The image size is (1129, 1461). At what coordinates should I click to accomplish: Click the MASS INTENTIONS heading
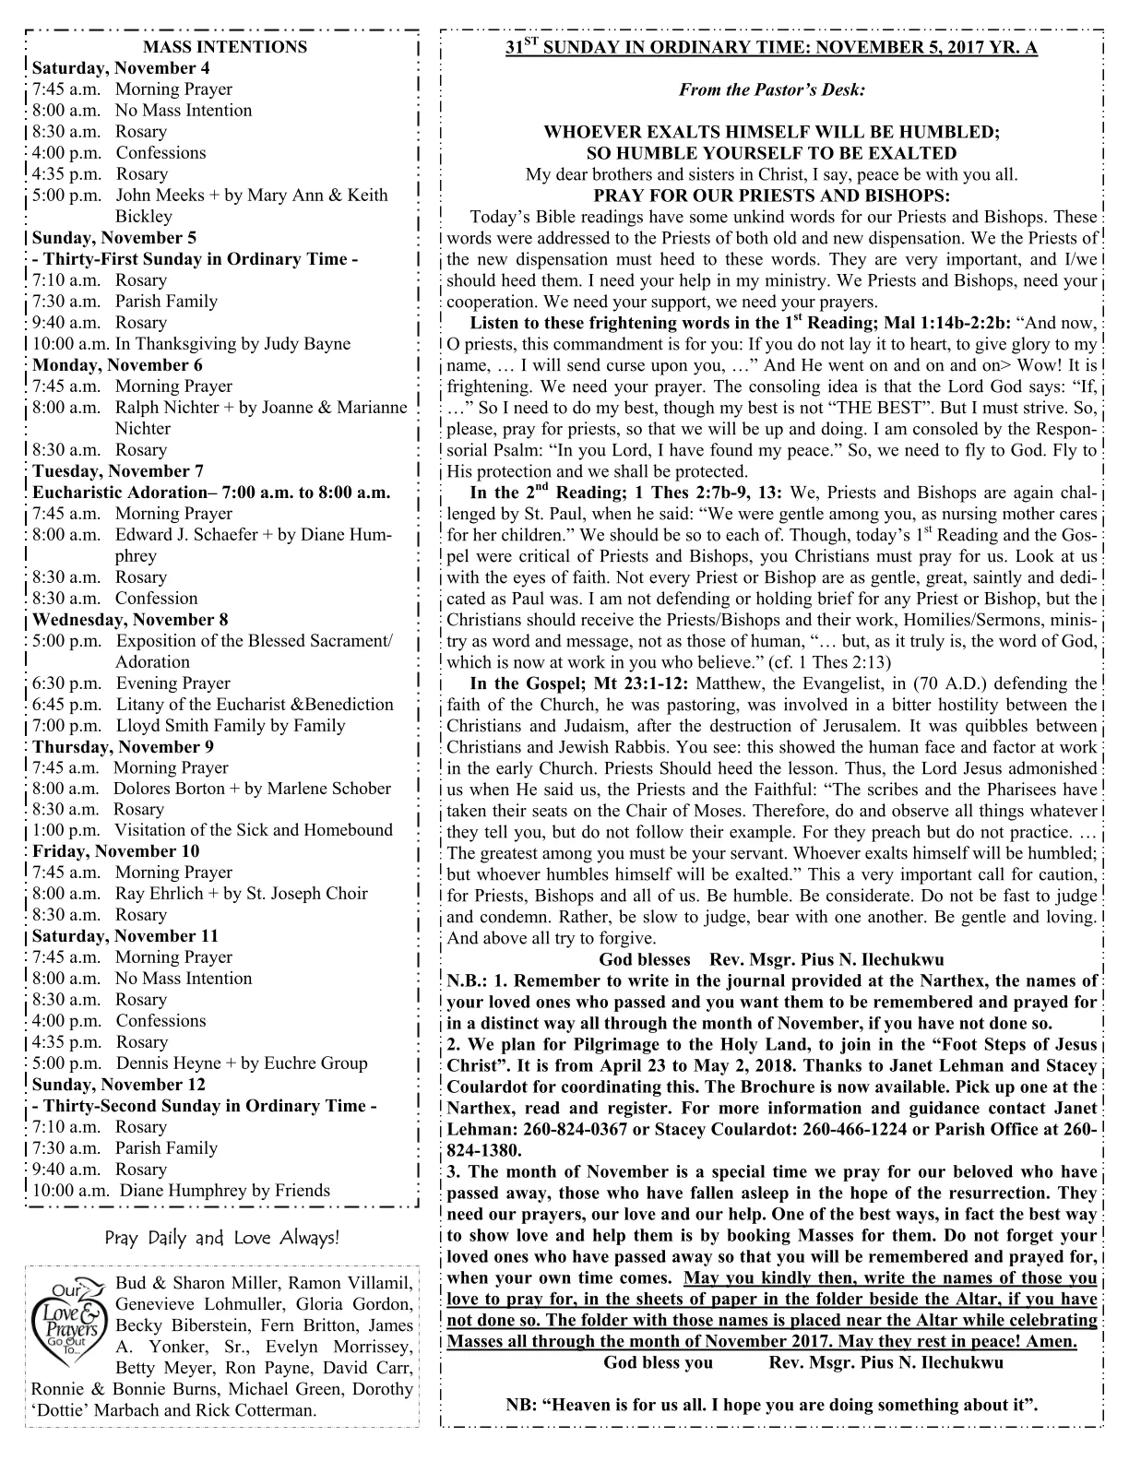pyautogui.click(x=225, y=47)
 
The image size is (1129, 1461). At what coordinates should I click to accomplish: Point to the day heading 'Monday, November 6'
pyautogui.click(x=117, y=365)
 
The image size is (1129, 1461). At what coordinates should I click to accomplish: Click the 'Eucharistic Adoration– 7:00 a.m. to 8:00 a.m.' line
pyautogui.click(x=211, y=493)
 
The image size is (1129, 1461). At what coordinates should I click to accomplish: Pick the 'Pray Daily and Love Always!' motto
pyautogui.click(x=221, y=1238)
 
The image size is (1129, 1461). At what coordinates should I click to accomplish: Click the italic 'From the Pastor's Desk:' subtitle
pyautogui.click(x=772, y=90)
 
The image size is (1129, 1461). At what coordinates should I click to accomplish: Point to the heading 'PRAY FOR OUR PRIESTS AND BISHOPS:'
pyautogui.click(x=772, y=196)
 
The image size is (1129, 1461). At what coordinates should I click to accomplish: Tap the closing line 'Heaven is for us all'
pyautogui.click(x=636, y=1406)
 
